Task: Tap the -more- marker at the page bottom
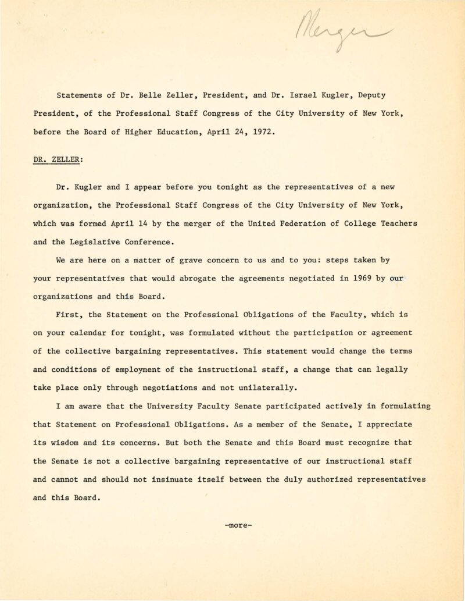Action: [238, 525]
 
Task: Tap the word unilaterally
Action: [269, 387]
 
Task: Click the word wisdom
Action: [66, 442]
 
